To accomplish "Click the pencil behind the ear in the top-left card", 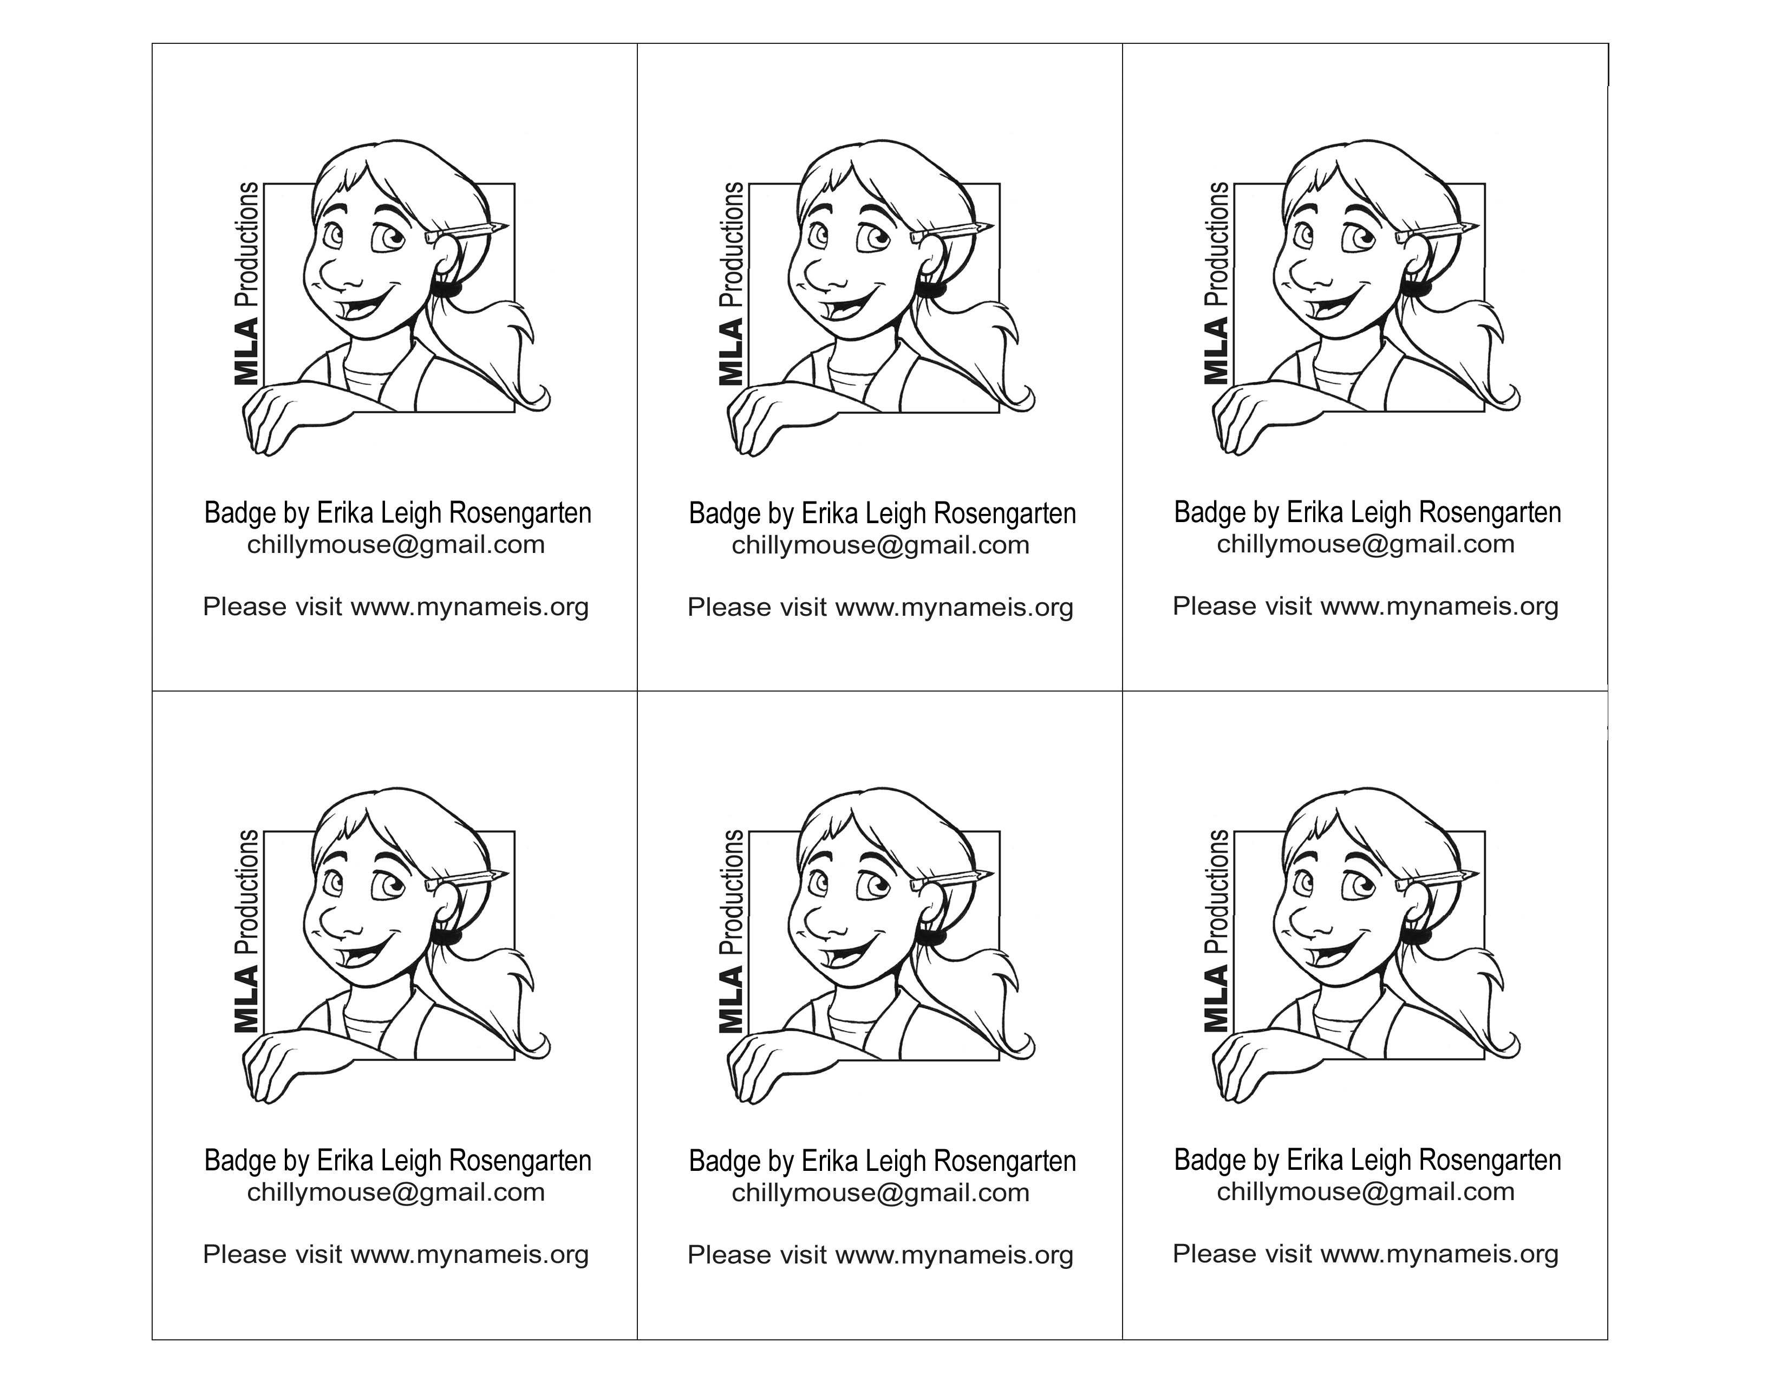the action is point(467,232).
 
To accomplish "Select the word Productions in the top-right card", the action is point(1217,244).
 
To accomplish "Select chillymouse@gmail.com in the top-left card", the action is point(396,545).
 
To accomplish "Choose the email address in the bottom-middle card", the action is point(881,1193).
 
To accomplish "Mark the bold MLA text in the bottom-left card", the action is point(246,1001).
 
